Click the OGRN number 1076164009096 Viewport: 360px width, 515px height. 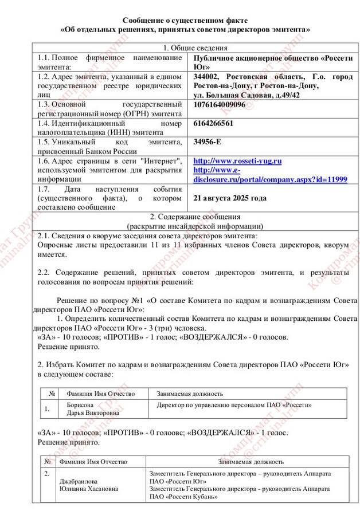(220, 104)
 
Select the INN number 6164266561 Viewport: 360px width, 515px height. (213, 123)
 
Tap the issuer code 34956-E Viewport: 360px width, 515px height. (208, 141)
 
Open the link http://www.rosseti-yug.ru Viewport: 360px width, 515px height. (237, 161)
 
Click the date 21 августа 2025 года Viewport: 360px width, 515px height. (230, 198)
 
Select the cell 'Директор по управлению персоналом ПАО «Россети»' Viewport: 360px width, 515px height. (234, 404)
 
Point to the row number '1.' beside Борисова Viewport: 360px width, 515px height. (46, 408)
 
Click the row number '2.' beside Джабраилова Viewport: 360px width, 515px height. (46, 474)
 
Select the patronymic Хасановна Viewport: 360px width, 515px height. (102, 489)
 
